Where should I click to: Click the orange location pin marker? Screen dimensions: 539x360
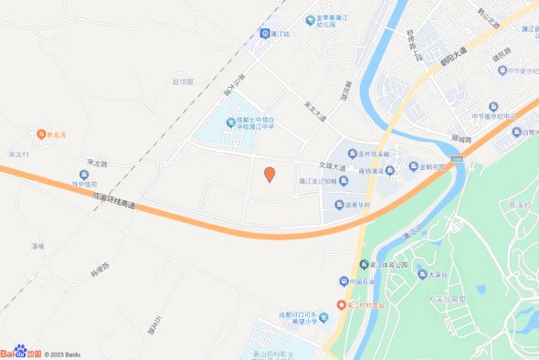[x=269, y=175]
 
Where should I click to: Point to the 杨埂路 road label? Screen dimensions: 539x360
[x=100, y=270]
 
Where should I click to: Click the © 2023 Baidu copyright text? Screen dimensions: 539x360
[x=65, y=354]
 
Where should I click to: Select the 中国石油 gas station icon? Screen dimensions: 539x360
[x=343, y=281]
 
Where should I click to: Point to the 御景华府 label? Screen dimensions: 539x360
[x=357, y=205]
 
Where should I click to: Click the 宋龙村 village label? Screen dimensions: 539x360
[x=19, y=154]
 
